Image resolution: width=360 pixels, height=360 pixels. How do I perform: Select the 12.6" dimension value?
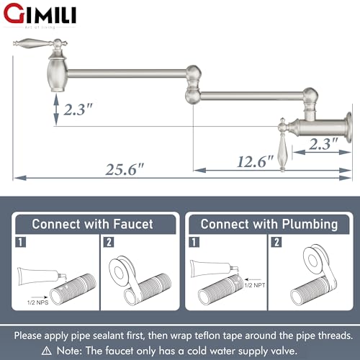pos(255,163)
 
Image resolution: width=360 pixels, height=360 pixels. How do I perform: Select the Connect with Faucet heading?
pos(92,224)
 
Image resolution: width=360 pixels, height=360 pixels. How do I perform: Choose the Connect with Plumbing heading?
pos(269,224)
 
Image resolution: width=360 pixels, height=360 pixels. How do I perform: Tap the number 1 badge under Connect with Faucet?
pos(21,243)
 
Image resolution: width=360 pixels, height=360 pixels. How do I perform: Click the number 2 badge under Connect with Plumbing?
pos(276,243)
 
